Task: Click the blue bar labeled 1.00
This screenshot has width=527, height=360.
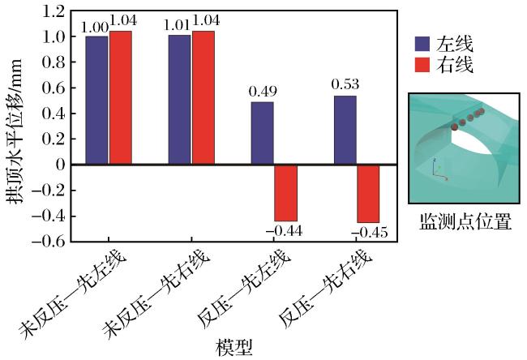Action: [x=96, y=101]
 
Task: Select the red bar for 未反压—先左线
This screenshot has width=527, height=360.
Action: [x=121, y=97]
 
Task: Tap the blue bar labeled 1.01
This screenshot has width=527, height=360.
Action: [x=179, y=100]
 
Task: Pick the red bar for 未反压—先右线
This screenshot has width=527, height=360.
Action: [x=204, y=97]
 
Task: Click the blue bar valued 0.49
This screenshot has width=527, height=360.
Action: [x=263, y=133]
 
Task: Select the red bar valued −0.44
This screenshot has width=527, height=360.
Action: [x=286, y=193]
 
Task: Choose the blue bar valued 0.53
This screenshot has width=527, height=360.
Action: [x=345, y=130]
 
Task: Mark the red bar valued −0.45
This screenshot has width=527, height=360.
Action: [x=368, y=194]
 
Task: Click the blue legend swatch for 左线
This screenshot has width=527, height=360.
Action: [x=422, y=44]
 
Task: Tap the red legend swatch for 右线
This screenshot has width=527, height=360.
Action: [x=422, y=65]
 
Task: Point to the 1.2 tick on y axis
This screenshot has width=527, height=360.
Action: [x=53, y=12]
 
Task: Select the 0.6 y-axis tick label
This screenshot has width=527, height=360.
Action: [x=53, y=88]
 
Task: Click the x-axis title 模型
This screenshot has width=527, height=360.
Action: [x=234, y=348]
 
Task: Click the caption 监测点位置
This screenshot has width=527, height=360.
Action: [x=465, y=221]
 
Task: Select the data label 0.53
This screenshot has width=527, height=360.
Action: [x=345, y=84]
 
